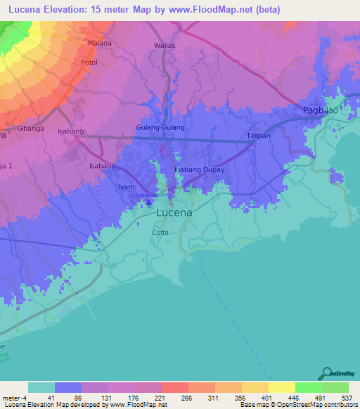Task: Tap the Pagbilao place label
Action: click(321, 110)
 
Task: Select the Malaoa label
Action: click(101, 43)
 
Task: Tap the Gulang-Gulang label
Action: click(160, 128)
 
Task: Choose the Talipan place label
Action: click(258, 136)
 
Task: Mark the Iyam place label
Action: click(126, 186)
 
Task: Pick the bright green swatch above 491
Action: click(308, 387)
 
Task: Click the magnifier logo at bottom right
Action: click(326, 373)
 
